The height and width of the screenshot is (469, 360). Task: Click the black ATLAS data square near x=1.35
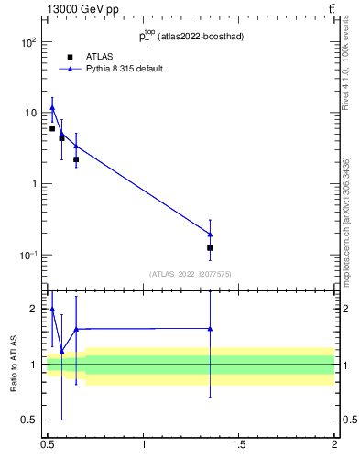(x=211, y=248)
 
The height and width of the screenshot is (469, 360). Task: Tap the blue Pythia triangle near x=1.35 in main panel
(x=211, y=234)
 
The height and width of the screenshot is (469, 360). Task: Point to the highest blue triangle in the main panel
(x=52, y=108)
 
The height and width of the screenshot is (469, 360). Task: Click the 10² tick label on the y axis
(x=28, y=42)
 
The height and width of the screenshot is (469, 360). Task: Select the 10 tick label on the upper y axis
(x=29, y=113)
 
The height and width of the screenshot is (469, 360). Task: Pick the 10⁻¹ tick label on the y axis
(x=28, y=255)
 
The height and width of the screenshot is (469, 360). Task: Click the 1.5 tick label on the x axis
(x=239, y=445)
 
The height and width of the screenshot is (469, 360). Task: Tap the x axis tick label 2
(x=334, y=445)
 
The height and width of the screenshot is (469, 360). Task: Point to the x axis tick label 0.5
(x=48, y=445)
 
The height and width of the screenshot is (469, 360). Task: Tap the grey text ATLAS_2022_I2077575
(x=191, y=274)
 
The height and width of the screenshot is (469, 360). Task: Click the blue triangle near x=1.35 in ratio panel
(x=211, y=329)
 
